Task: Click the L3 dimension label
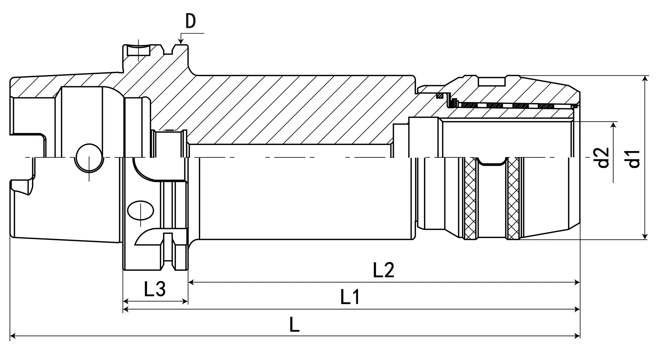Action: coord(155,289)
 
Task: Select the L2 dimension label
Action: coord(383,270)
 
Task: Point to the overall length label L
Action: coord(294,325)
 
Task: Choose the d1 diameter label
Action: coord(634,159)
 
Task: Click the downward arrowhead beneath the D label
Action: coord(181,42)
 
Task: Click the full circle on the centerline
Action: coord(89,158)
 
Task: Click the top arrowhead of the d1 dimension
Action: coord(646,78)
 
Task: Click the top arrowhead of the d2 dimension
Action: coord(614,125)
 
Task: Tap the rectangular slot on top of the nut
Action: coord(491,82)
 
